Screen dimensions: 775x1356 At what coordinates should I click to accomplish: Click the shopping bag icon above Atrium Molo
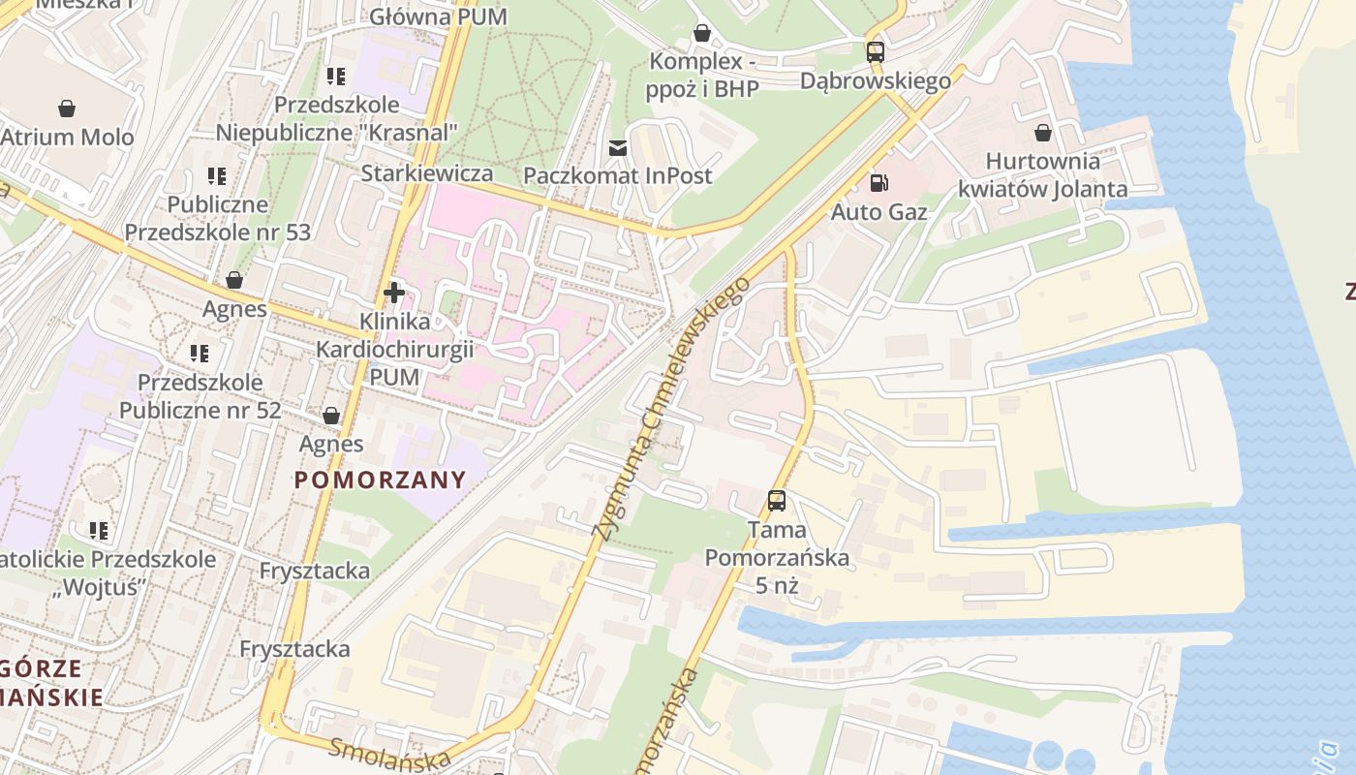[67, 107]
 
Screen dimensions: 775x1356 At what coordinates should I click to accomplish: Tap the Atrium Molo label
[67, 137]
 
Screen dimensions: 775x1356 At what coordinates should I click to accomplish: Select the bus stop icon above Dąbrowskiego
[875, 51]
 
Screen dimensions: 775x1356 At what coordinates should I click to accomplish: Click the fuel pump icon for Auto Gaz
[879, 182]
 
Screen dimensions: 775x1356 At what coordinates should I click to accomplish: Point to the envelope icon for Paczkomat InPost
[617, 147]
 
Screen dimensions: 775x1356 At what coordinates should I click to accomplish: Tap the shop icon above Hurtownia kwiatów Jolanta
[1043, 132]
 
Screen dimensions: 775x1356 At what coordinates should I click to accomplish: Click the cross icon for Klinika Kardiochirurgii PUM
[394, 291]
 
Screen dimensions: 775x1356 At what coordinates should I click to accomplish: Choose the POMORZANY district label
[381, 480]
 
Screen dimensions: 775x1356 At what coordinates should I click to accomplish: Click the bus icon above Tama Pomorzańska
[777, 500]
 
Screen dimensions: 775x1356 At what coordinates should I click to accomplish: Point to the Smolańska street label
[389, 754]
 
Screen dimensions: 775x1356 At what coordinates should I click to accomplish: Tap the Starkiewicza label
[427, 173]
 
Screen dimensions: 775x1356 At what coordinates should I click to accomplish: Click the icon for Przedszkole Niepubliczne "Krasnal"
[336, 76]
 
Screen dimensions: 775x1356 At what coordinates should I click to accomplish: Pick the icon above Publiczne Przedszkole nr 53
[217, 175]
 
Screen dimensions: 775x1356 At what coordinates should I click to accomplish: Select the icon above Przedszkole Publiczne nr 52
[200, 353]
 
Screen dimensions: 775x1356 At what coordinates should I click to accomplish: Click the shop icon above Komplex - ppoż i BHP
[702, 34]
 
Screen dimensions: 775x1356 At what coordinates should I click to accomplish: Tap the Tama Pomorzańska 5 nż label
[777, 557]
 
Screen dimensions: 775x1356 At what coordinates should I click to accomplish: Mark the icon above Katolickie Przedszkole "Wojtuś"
[99, 530]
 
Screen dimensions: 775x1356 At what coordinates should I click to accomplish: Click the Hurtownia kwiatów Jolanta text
[1043, 174]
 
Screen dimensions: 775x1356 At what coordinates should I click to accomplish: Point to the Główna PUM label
[424, 16]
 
